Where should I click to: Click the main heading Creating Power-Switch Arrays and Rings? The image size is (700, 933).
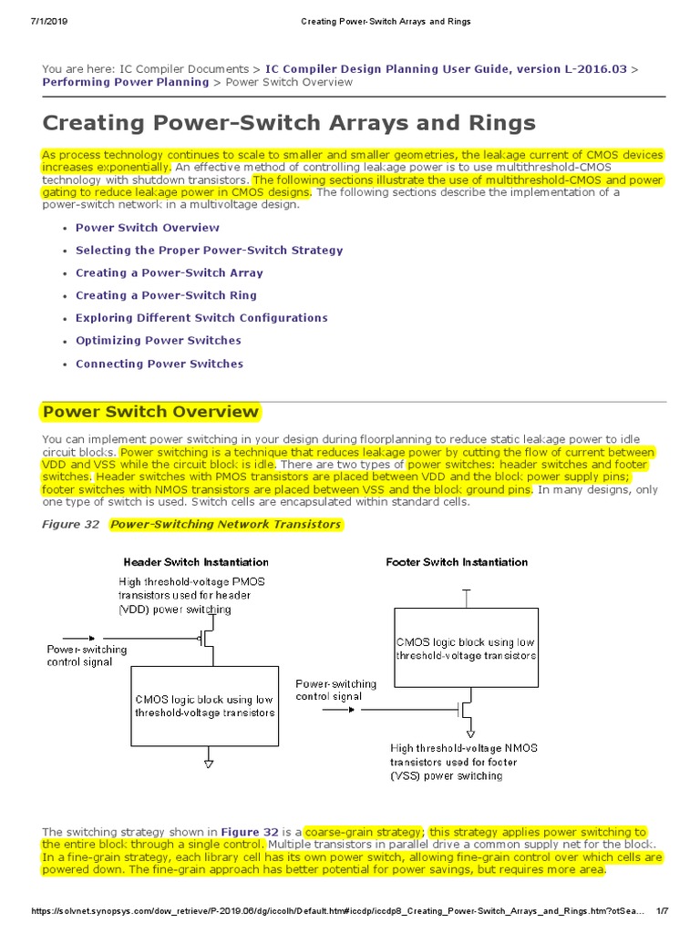pos(289,122)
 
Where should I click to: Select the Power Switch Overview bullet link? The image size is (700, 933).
pos(147,228)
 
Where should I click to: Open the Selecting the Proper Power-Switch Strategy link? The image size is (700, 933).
pos(209,251)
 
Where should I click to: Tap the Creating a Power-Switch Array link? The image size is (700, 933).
pos(169,272)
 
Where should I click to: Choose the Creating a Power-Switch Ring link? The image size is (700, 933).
pos(166,295)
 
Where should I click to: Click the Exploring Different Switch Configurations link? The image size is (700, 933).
pos(201,318)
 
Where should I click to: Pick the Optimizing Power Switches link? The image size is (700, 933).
pos(158,341)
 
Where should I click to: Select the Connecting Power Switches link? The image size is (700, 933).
pos(159,364)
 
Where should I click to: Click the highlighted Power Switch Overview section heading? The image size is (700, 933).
pos(151,412)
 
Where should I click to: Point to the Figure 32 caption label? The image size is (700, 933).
pos(73,525)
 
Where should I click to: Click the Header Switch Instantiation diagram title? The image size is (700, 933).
pos(196,562)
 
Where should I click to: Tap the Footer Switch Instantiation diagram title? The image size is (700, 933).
pos(457,562)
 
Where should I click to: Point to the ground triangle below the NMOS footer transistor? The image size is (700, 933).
pos(469,731)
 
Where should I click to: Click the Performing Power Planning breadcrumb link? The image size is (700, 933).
pos(126,82)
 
